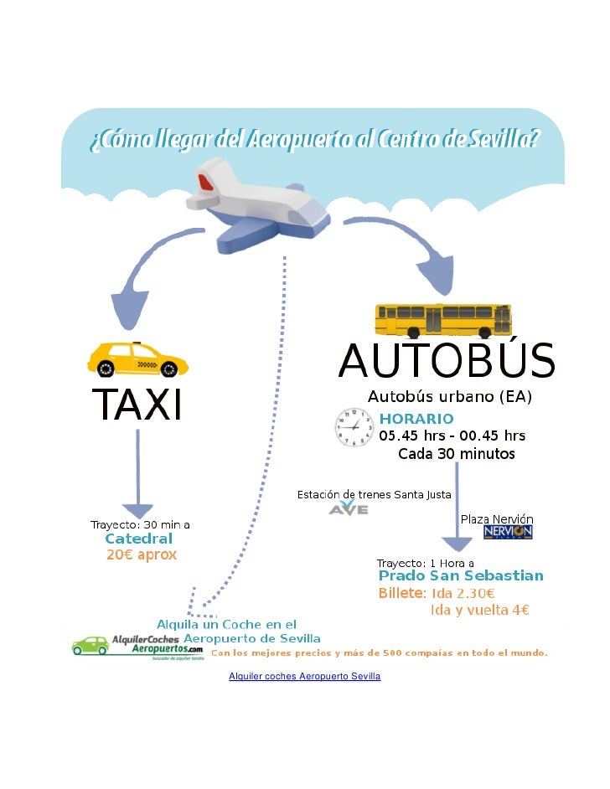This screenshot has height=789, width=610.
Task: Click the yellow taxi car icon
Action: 138,359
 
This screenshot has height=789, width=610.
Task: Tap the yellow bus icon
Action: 442,320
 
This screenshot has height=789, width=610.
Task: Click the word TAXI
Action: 137,408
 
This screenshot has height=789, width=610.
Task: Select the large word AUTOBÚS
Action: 447,363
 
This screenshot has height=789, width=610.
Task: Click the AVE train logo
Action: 349,508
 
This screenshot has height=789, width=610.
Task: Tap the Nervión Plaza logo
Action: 508,532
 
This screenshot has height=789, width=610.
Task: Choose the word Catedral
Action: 138,539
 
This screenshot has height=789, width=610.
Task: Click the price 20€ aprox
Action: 141,554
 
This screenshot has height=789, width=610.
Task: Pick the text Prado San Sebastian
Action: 461,576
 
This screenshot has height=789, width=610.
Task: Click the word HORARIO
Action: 416,418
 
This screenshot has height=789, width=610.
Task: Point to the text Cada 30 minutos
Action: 456,454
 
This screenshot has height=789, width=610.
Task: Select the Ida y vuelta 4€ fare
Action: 479,610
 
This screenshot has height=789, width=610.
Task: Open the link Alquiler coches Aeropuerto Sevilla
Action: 304,675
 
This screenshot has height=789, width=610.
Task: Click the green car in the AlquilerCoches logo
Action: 90,646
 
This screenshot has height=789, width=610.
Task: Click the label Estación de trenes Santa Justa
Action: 375,494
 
